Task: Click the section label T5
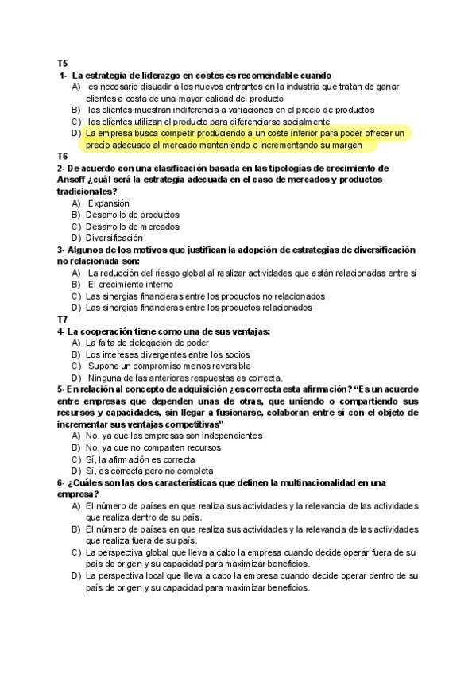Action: (x=62, y=64)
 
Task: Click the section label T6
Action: (x=62, y=157)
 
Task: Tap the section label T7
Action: (x=62, y=320)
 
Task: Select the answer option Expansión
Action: (x=108, y=203)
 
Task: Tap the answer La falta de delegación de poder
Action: (x=143, y=343)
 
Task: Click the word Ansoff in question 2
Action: (x=72, y=180)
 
